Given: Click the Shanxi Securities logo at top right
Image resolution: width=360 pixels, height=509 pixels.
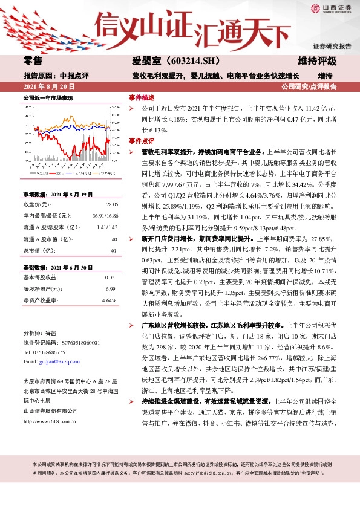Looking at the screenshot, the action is tap(331, 9).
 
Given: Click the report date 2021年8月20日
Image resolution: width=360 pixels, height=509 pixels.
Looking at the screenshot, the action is tap(47, 86).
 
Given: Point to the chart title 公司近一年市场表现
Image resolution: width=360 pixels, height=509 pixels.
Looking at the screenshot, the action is tap(48, 97).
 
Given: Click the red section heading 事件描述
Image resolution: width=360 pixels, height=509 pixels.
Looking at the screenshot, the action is tap(142, 97).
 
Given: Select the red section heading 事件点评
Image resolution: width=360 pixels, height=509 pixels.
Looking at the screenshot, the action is tap(142, 140).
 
